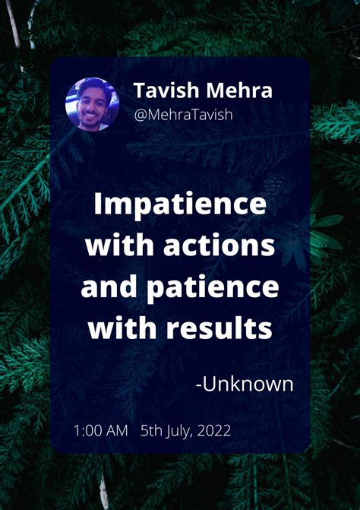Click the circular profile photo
pos(92,104)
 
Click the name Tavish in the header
pos(166,90)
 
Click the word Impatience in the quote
pos(180,205)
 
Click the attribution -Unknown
pos(244,384)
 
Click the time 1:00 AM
pos(100,431)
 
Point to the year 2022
pos(213,431)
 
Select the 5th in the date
pos(151,431)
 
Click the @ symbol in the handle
pos(140,116)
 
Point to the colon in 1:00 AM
pos(81,432)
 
